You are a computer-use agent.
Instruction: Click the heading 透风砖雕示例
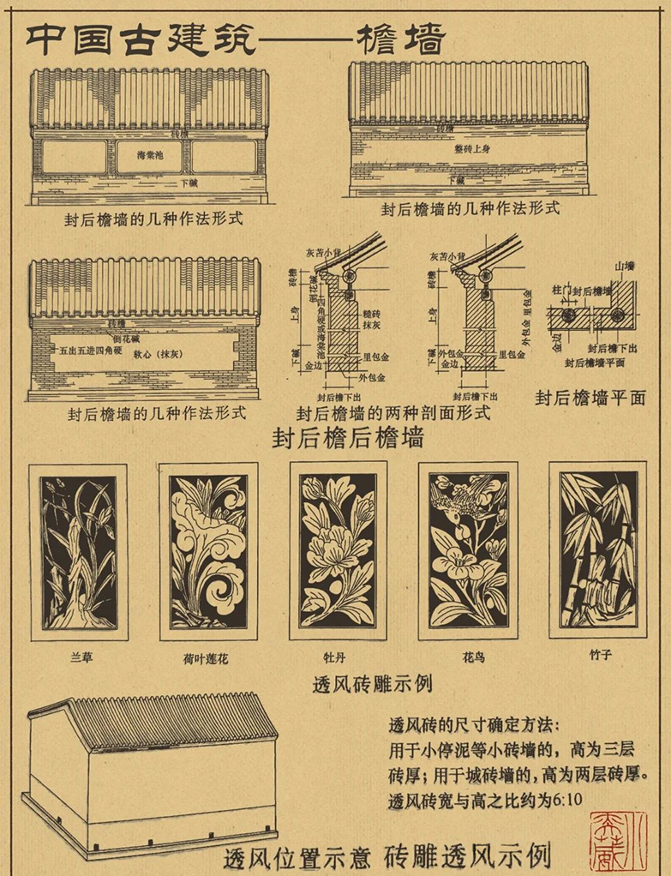pyautogui.click(x=373, y=684)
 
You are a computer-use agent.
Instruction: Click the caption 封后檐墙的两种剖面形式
pyautogui.click(x=392, y=412)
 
